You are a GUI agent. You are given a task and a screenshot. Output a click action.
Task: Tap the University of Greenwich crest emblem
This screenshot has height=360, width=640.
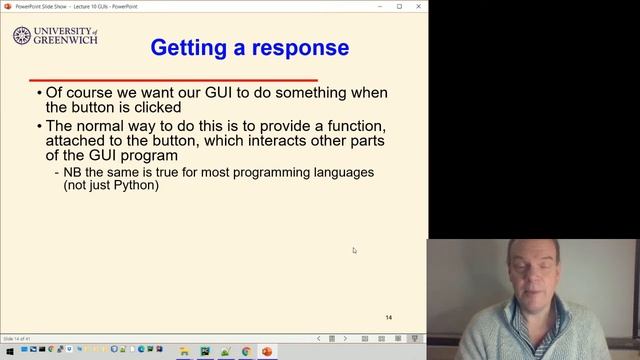(x=21, y=36)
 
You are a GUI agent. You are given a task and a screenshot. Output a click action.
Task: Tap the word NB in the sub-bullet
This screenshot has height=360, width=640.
(x=73, y=172)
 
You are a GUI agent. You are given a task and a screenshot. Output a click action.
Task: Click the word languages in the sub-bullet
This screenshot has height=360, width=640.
(x=339, y=172)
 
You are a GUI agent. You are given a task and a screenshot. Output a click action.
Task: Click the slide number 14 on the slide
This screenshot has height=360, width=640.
(x=389, y=317)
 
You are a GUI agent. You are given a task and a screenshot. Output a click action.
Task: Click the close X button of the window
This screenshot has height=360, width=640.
(x=417, y=5)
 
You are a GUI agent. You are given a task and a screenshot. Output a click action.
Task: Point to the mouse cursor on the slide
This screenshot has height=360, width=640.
(x=354, y=250)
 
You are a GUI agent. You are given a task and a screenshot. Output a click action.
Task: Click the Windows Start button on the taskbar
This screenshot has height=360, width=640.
(x=8, y=352)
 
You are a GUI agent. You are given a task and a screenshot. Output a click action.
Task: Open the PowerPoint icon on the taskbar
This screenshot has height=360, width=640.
(x=267, y=352)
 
